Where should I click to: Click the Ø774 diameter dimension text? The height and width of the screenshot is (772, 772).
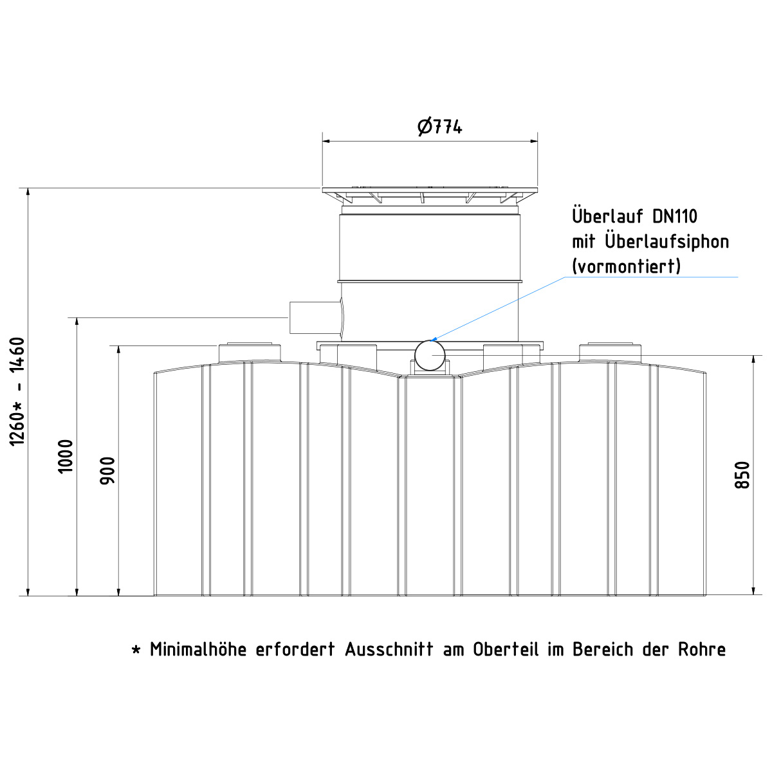coord(439,127)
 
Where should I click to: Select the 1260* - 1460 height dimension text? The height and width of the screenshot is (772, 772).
coord(17,391)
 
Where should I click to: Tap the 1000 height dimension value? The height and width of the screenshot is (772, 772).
coord(66,456)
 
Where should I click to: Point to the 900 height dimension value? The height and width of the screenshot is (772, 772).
coord(107,470)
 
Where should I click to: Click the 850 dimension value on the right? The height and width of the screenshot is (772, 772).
coord(742,475)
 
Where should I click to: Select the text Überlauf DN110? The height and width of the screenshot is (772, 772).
coord(634,216)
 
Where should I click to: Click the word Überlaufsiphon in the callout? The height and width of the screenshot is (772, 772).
coord(667,242)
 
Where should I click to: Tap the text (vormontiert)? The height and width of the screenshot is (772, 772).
coord(627,266)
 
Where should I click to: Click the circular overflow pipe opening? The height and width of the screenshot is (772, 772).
coord(430,355)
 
